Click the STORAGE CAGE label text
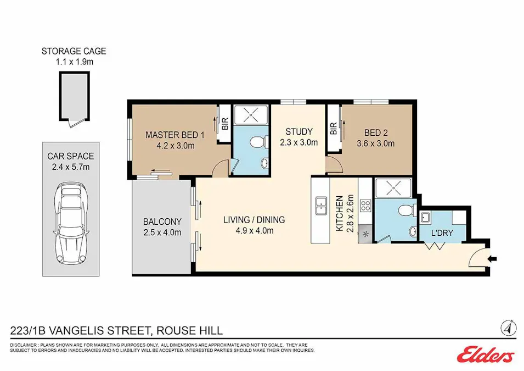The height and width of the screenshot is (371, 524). (74, 52)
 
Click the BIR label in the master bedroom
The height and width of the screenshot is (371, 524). (225, 125)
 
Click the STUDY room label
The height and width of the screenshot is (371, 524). (299, 131)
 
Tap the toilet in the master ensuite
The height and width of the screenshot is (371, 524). (255, 143)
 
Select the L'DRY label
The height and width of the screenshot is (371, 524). (442, 233)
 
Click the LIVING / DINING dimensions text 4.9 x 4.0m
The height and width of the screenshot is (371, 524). (254, 230)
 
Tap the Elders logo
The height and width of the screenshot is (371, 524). (485, 355)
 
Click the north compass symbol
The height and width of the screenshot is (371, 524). (509, 328)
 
